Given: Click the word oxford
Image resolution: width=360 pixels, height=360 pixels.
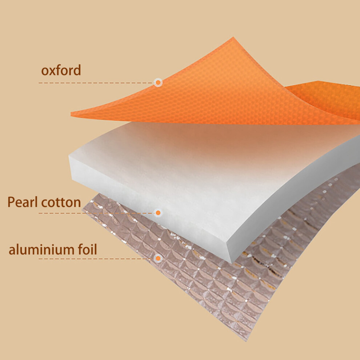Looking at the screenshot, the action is pyautogui.click(x=61, y=70).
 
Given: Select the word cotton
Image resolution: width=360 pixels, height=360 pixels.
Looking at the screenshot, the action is pyautogui.click(x=61, y=203).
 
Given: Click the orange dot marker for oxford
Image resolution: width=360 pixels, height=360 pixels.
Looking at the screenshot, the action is pyautogui.click(x=158, y=83).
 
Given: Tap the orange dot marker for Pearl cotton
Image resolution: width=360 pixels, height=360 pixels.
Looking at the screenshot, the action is pyautogui.click(x=158, y=213).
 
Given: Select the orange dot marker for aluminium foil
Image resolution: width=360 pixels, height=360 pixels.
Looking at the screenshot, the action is pyautogui.click(x=158, y=259).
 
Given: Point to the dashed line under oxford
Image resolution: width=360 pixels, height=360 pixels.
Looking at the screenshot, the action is pyautogui.click(x=96, y=83).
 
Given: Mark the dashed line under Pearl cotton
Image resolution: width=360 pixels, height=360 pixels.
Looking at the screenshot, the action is pyautogui.click(x=96, y=213).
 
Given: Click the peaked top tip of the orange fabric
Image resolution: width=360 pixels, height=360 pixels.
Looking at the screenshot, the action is pyautogui.click(x=233, y=37).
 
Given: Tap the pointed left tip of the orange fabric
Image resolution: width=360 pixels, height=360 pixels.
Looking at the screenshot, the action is pyautogui.click(x=71, y=113).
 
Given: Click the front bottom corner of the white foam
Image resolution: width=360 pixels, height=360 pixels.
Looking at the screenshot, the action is pyautogui.click(x=231, y=263).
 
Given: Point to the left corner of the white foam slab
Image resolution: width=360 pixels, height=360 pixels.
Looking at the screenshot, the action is pyautogui.click(x=69, y=157).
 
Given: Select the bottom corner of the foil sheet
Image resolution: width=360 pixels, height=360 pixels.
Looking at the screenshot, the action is pyautogui.click(x=246, y=341).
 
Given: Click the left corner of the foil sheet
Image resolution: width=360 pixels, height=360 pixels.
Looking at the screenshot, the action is pyautogui.click(x=83, y=209).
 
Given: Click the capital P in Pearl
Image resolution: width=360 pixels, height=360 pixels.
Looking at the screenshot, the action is pyautogui.click(x=11, y=202).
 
